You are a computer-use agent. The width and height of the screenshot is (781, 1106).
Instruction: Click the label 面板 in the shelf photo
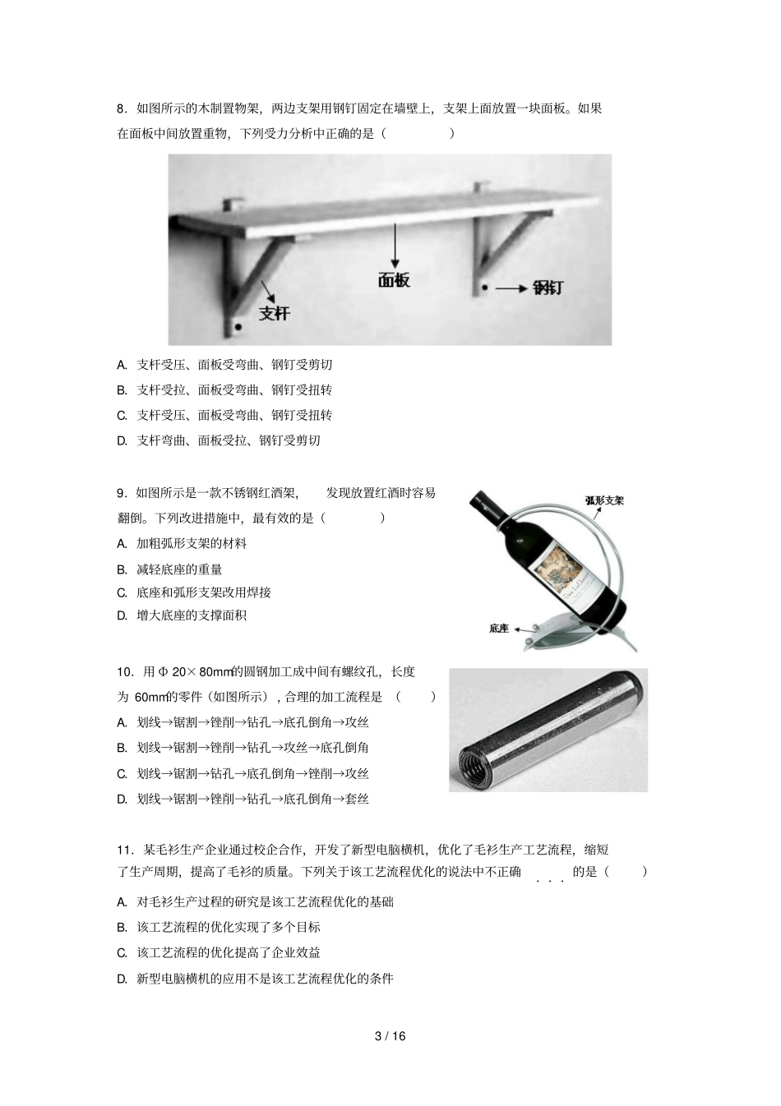click(x=394, y=280)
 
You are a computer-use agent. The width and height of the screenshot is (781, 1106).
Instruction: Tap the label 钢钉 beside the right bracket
click(x=548, y=288)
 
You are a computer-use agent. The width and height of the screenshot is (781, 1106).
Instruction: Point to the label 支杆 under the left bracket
click(x=275, y=313)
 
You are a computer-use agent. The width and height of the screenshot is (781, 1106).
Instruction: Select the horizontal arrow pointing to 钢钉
click(x=511, y=288)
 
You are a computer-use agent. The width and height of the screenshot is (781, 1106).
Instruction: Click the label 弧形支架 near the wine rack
click(x=604, y=500)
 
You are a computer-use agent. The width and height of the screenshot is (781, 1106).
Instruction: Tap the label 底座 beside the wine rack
click(x=499, y=629)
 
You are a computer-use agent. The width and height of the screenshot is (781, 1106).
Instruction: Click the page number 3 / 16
click(x=390, y=1036)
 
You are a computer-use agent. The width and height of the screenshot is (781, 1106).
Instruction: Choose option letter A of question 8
click(x=121, y=365)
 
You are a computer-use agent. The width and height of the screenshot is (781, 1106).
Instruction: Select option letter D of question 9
click(x=121, y=615)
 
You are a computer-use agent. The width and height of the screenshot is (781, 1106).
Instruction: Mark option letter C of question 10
click(x=121, y=774)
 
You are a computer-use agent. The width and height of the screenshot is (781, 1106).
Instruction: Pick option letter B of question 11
click(x=121, y=928)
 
